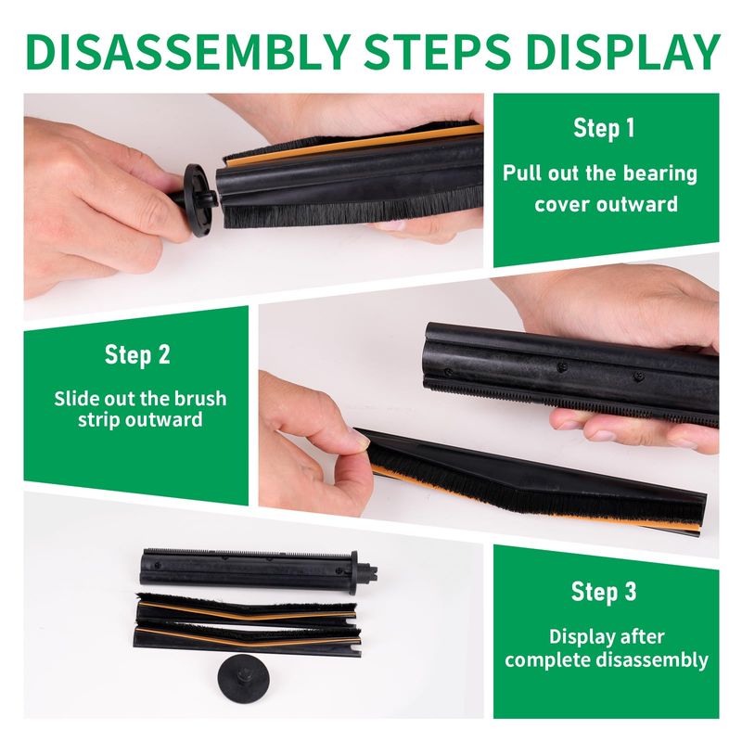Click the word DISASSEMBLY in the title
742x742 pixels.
click(x=188, y=52)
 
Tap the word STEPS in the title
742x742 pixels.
click(x=437, y=52)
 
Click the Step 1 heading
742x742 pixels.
click(x=604, y=129)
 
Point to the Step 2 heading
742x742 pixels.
click(x=137, y=355)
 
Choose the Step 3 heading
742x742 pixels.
click(x=604, y=592)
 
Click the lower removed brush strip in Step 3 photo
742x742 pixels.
click(x=248, y=640)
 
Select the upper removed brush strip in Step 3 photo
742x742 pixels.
click(x=246, y=609)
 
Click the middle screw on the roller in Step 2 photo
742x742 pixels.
click(x=562, y=366)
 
